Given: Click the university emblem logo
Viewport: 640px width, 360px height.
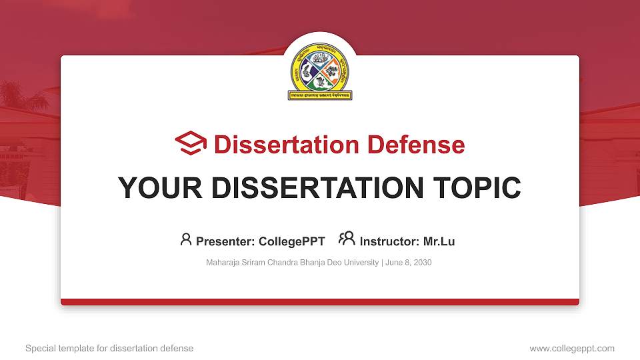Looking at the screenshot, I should pyautogui.click(x=320, y=71).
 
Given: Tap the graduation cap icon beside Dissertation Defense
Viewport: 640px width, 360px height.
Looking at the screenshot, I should pyautogui.click(x=191, y=144).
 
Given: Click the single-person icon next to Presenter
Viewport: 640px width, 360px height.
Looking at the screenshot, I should pyautogui.click(x=186, y=239).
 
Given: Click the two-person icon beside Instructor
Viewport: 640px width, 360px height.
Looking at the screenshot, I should pyautogui.click(x=347, y=239).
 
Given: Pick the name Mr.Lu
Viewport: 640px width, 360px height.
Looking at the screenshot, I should pyautogui.click(x=439, y=241).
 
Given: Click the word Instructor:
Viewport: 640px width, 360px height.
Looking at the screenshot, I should pyautogui.click(x=389, y=241).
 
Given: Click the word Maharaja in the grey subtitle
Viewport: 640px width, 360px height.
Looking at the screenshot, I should pyautogui.click(x=223, y=263).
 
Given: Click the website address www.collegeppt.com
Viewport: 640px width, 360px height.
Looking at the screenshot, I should pyautogui.click(x=572, y=348).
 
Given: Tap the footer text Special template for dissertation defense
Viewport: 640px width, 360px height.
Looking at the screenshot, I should pyautogui.click(x=109, y=348).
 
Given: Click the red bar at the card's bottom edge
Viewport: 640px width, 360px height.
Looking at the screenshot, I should pyautogui.click(x=320, y=302).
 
